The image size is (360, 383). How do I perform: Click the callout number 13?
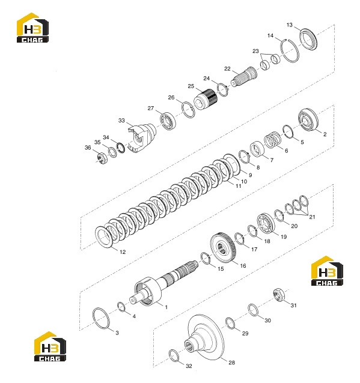tap(289, 25)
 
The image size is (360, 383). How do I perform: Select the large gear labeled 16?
tap(223, 248)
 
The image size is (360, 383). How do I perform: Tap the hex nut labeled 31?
tap(278, 295)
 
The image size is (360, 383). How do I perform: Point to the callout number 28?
tap(231, 363)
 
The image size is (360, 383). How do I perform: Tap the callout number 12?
tap(123, 252)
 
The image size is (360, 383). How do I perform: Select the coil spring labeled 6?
tap(272, 140)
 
